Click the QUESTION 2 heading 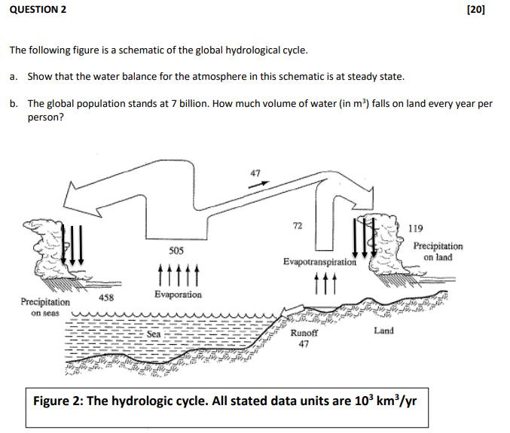(x=38, y=9)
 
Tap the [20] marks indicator (x=475, y=9)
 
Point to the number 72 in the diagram (x=297, y=226)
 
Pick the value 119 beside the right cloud (x=415, y=228)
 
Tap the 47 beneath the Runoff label (x=304, y=344)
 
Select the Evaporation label (x=178, y=294)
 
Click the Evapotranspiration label (x=319, y=262)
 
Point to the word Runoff (x=304, y=332)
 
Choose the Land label (x=383, y=330)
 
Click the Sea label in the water (x=154, y=333)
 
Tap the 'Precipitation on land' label (x=438, y=252)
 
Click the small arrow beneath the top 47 (x=258, y=184)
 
